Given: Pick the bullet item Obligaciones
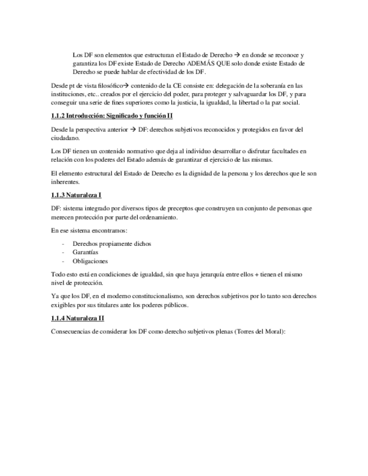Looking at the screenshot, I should (x=90, y=260).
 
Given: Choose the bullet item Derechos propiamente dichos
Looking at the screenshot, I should (x=112, y=244).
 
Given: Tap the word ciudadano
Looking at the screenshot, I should (x=65, y=138).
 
